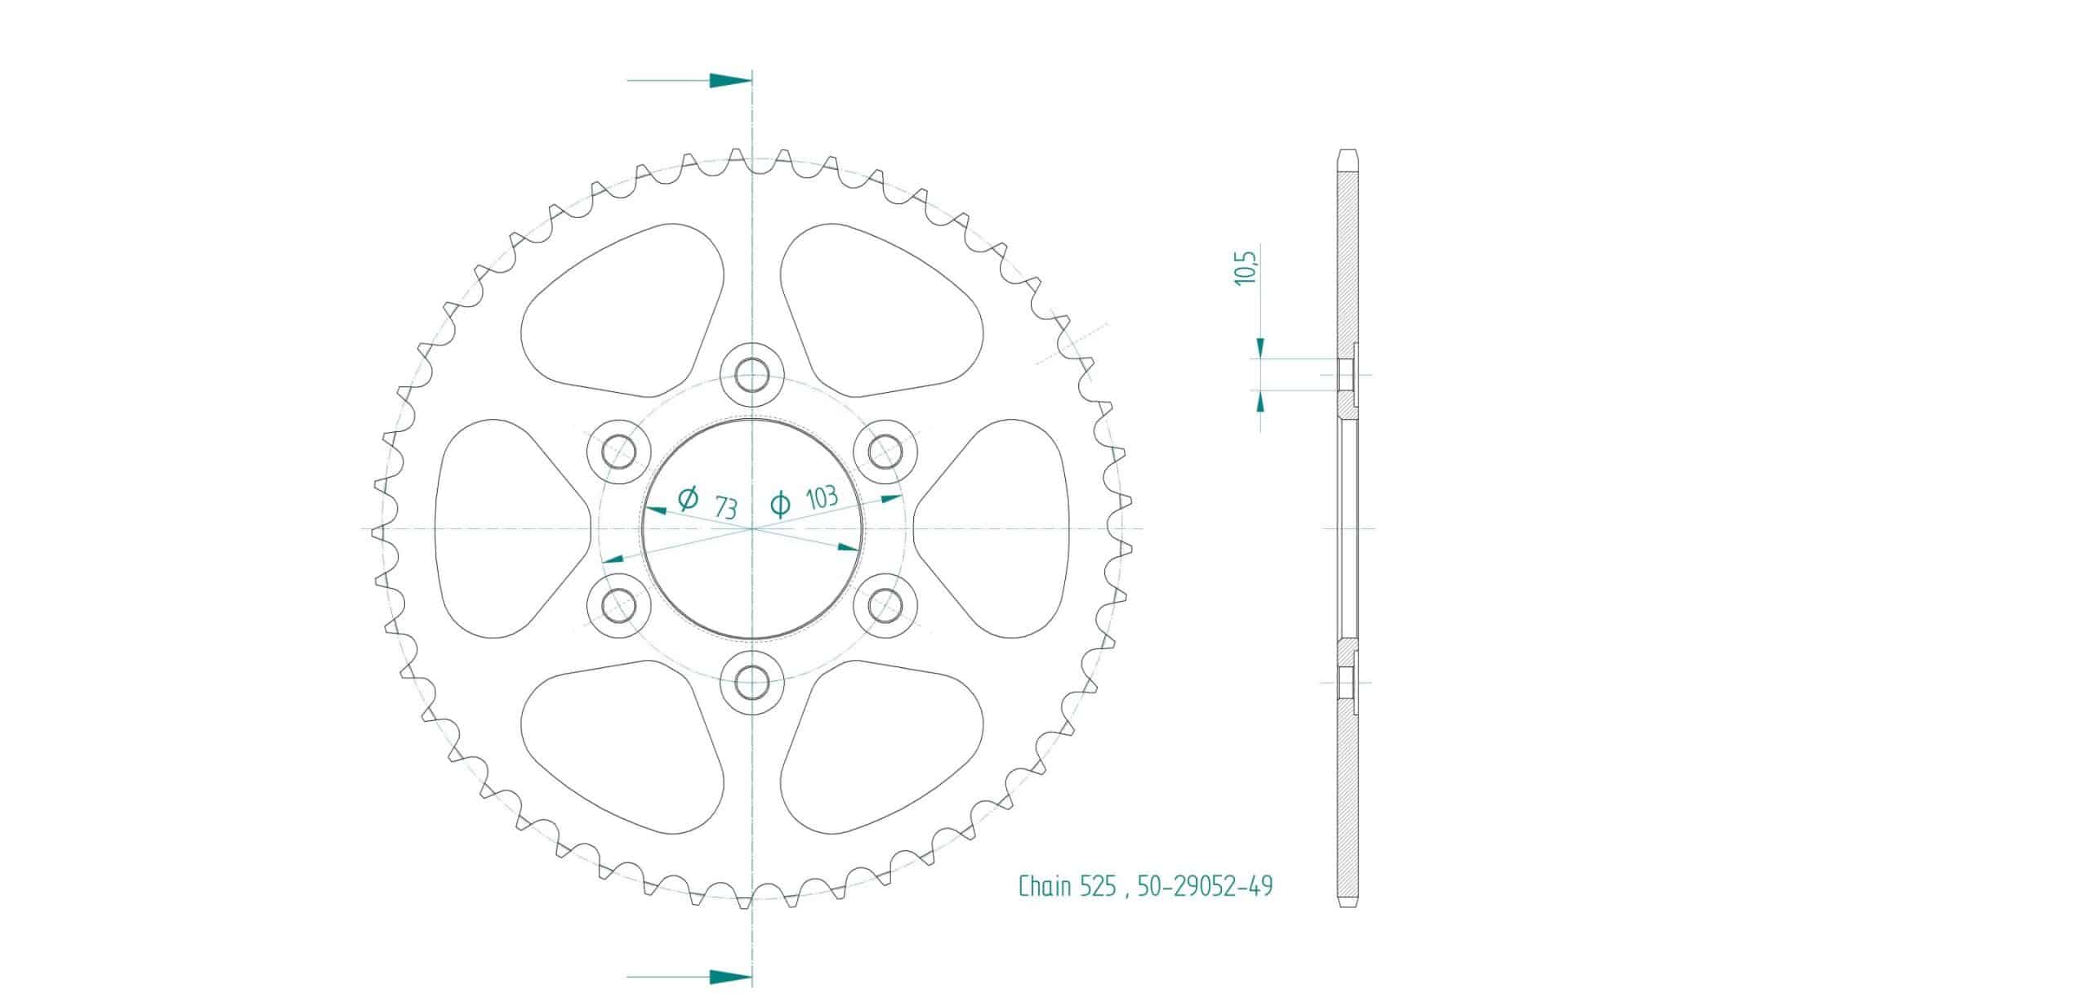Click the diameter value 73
coord(726,508)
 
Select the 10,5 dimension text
coord(1246,268)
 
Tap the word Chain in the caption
coord(1044,886)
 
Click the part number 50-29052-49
coord(1205,886)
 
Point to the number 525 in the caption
coord(1097,886)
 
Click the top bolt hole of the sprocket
coord(751,376)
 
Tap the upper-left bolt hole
coord(619,452)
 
